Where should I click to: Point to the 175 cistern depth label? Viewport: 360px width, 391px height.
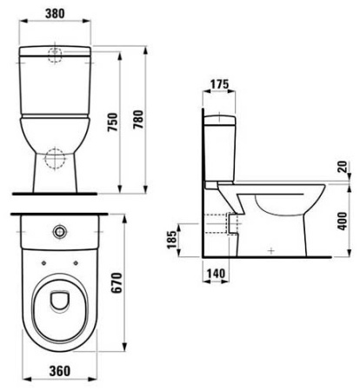pos(220,84)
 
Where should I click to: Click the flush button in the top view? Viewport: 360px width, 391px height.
pos(59,232)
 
